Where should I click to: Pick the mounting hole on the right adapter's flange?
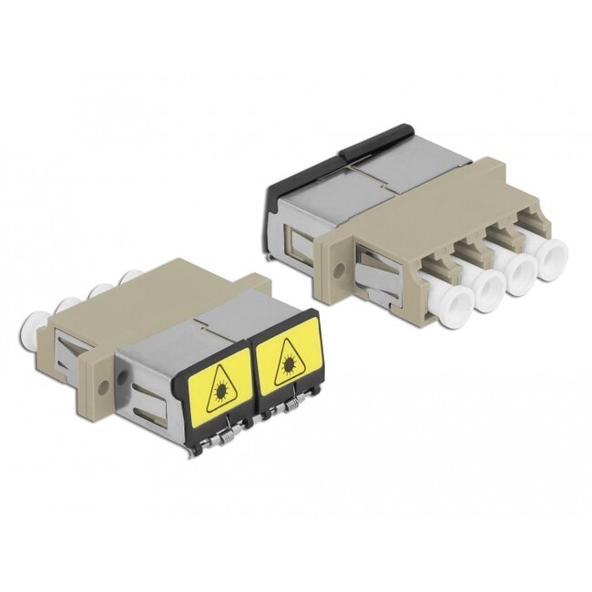click(x=339, y=270)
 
